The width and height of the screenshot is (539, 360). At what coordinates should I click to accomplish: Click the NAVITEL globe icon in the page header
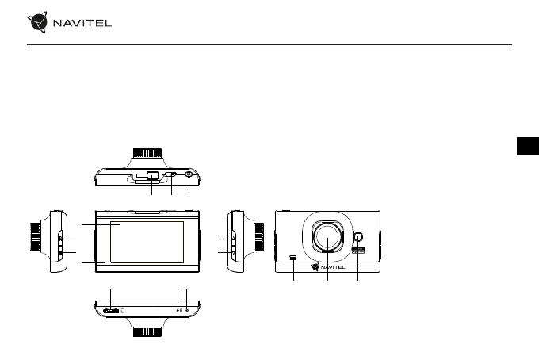[x=37, y=22]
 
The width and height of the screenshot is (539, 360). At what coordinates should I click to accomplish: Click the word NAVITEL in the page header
[x=82, y=23]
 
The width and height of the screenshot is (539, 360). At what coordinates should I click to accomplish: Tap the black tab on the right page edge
[x=528, y=146]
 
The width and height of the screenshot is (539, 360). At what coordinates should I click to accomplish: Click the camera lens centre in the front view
[x=327, y=237]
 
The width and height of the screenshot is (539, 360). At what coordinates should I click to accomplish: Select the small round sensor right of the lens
[x=357, y=237]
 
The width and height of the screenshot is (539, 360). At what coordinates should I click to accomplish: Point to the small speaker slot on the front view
[x=293, y=257]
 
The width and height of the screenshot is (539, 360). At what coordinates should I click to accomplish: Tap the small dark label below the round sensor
[x=357, y=251]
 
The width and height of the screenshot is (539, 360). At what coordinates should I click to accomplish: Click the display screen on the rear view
[x=147, y=242]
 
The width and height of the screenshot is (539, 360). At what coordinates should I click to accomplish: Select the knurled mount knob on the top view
[x=147, y=153]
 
